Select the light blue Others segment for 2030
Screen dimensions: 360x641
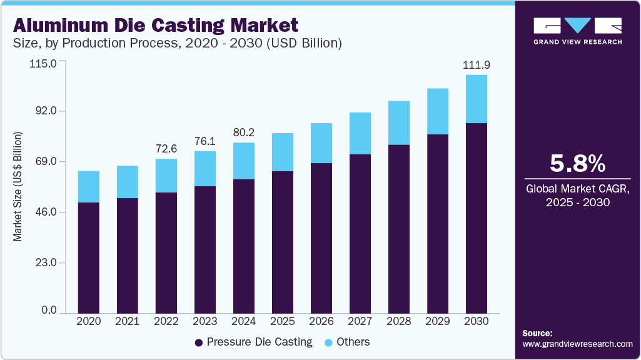(x=476, y=99)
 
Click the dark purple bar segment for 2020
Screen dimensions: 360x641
(x=88, y=257)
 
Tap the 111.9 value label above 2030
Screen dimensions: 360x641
(x=476, y=65)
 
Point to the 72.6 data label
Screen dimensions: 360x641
(x=166, y=149)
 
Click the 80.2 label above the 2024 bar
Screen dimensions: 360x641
(x=244, y=132)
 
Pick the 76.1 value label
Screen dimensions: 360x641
(x=205, y=141)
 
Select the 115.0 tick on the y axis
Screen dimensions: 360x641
(x=43, y=63)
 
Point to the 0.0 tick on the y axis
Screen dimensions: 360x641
(x=47, y=311)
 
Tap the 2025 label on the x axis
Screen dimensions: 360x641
(x=282, y=321)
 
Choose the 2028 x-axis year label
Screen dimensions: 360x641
(x=398, y=321)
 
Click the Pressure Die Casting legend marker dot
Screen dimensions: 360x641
(x=199, y=342)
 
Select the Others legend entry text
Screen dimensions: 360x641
(x=353, y=342)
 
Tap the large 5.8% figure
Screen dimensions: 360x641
(x=577, y=164)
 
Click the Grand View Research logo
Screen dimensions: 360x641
(x=577, y=31)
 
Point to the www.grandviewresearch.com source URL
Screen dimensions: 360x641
(x=577, y=344)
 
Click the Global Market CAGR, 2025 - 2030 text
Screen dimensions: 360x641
(x=577, y=195)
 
